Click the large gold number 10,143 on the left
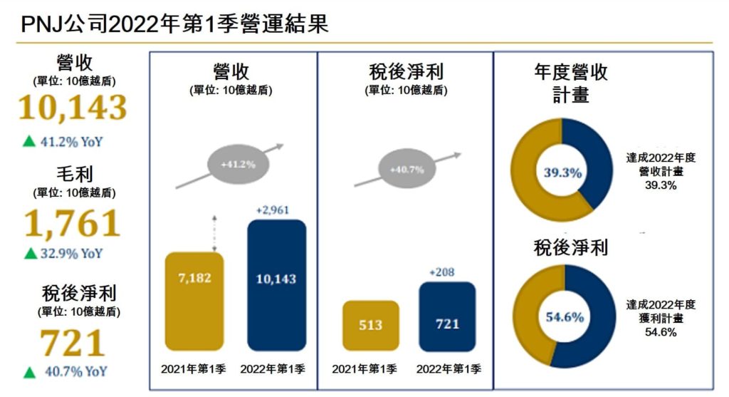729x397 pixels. pos(73,108)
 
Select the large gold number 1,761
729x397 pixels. pos(73,223)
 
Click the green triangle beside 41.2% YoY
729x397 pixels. pos(29,141)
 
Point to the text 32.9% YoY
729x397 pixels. pos(72,253)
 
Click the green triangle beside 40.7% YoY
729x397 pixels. pos(29,371)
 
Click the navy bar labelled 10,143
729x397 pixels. pos(276,285)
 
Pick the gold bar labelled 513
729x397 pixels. pos(370,326)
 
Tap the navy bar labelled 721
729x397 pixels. pos(447,316)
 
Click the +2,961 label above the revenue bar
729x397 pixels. pos(276,210)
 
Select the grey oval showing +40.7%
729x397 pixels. pos(407,170)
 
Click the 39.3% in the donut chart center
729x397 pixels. pos(562,172)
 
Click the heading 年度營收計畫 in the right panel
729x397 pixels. pos(570,83)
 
